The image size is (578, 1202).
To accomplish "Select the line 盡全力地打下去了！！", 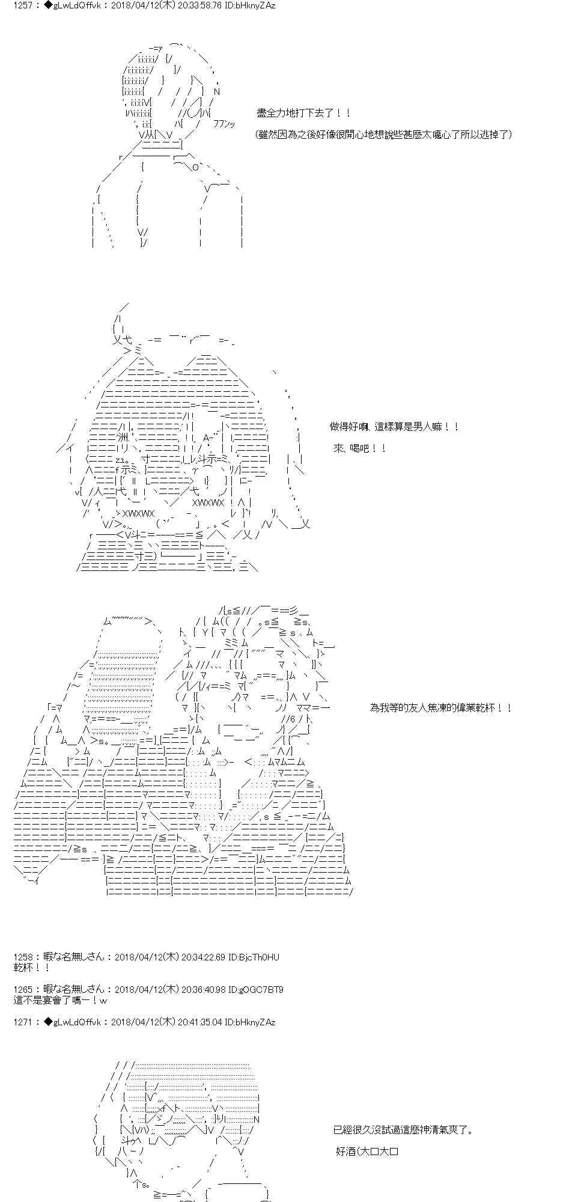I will coord(303,113).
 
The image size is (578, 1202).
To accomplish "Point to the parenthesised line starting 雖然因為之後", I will coord(384,134).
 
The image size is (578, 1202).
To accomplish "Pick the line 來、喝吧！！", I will coord(360,448).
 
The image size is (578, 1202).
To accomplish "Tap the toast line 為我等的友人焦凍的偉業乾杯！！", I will coord(440,708).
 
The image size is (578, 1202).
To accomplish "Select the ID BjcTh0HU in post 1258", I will coord(260,957).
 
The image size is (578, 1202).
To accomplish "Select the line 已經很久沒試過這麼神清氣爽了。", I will coord(403,1130).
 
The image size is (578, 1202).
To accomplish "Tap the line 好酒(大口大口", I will coord(368,1152).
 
